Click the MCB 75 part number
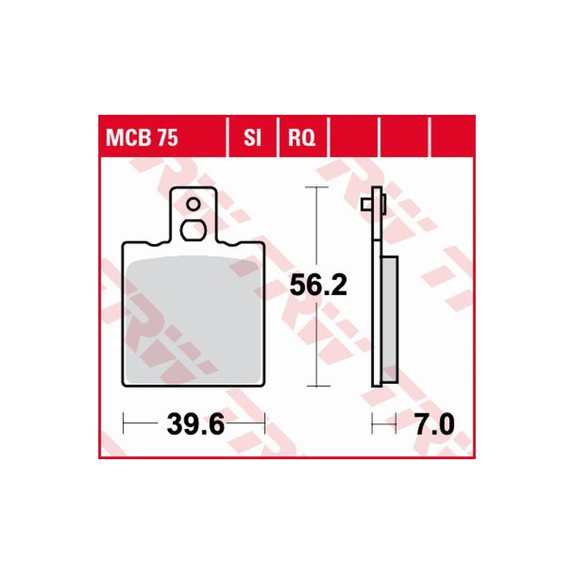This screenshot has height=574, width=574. pyautogui.click(x=143, y=136)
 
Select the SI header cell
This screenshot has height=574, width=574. pyautogui.click(x=252, y=136)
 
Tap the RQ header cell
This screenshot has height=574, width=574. pyautogui.click(x=301, y=136)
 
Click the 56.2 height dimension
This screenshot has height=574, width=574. pyautogui.click(x=318, y=286)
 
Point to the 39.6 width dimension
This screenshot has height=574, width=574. pyautogui.click(x=196, y=424)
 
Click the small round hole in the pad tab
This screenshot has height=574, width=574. pyautogui.click(x=193, y=205)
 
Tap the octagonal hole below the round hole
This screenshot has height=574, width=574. pyautogui.click(x=193, y=230)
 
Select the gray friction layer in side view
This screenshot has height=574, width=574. pyautogui.click(x=388, y=319)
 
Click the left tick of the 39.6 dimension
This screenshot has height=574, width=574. pyautogui.click(x=124, y=424)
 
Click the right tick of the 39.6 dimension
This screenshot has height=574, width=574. pyautogui.click(x=265, y=424)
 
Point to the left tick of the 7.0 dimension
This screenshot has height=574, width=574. pyautogui.click(x=372, y=424)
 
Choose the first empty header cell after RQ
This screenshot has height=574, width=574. pyautogui.click(x=353, y=136)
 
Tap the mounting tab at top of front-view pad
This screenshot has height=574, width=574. pyautogui.click(x=193, y=215)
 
